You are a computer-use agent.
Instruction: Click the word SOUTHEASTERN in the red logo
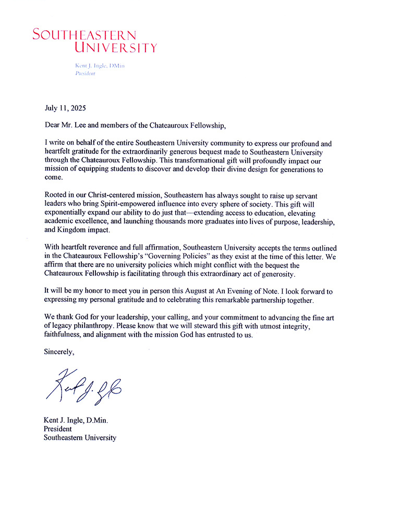[x=84, y=35]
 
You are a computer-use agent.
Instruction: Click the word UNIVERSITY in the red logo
[x=115, y=48]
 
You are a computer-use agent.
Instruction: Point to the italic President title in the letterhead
[x=86, y=73]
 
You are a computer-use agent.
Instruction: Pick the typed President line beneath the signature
[x=58, y=429]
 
